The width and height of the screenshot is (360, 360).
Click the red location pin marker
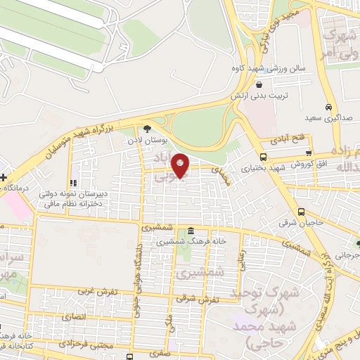[181, 165]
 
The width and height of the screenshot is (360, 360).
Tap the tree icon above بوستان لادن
[146, 128]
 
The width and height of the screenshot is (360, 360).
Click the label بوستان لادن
[146, 139]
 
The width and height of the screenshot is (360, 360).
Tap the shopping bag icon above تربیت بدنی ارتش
[259, 84]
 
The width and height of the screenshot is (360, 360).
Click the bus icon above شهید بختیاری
[263, 157]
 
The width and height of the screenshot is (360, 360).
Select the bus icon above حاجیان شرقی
[301, 212]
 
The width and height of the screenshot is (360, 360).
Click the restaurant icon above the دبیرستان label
[74, 184]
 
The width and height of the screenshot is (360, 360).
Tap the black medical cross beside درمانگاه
[3, 177]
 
